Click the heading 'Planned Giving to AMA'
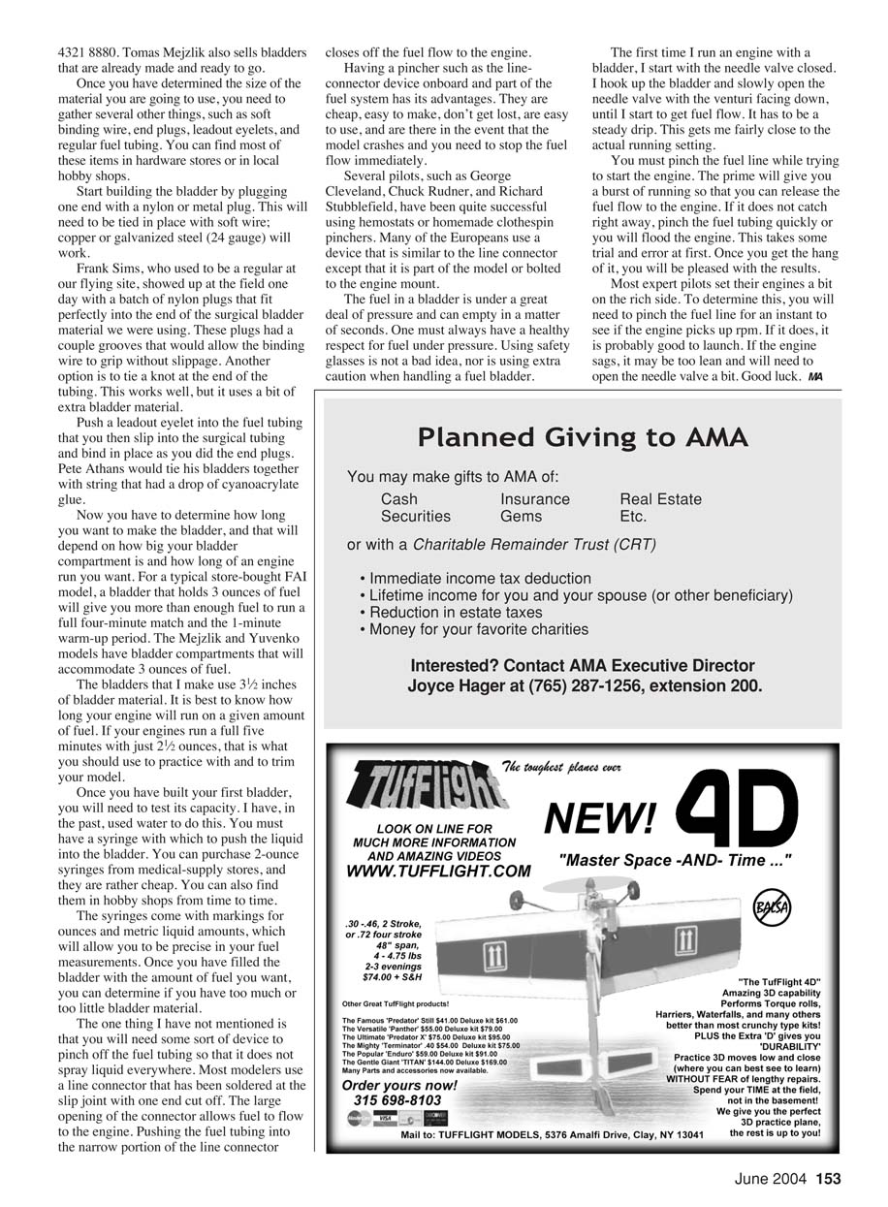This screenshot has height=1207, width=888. (583, 438)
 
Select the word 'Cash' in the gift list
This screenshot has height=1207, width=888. (399, 499)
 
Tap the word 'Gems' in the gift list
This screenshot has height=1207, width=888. (521, 517)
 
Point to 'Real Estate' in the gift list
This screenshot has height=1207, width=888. (660, 499)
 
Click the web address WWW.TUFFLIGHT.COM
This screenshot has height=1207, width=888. (438, 871)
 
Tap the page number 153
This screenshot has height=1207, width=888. (827, 1179)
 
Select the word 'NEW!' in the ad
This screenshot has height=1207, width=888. (601, 819)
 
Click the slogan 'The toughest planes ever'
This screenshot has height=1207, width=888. (560, 767)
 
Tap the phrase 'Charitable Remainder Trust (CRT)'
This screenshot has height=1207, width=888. (534, 545)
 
